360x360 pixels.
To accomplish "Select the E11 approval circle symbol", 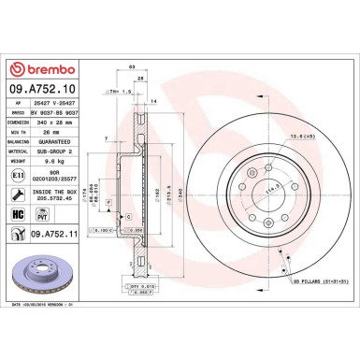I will click(x=15, y=176).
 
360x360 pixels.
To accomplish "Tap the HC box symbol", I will click(x=15, y=214).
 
